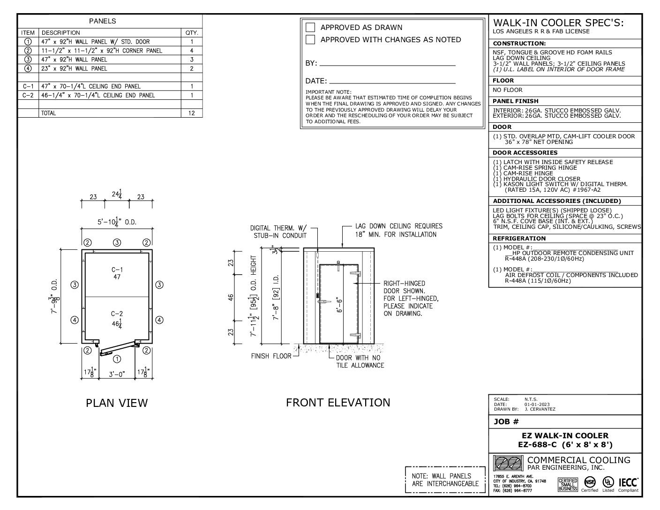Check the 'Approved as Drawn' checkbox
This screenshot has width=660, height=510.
(310, 27)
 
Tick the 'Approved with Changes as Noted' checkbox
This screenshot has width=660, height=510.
(310, 39)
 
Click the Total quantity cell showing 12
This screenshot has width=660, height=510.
(192, 113)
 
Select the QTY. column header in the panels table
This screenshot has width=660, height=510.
(192, 33)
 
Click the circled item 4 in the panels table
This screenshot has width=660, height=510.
(28, 68)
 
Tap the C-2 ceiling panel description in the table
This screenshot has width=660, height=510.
(98, 95)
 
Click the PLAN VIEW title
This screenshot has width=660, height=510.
(117, 403)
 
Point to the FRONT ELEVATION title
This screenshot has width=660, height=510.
(338, 402)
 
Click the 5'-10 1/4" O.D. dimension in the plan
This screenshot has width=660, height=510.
(117, 222)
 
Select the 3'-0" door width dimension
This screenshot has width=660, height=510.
(117, 374)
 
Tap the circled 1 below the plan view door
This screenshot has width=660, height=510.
(117, 359)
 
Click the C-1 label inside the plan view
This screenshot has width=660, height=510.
(117, 270)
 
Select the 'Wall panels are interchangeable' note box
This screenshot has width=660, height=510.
(445, 480)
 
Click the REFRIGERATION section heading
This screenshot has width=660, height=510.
(519, 238)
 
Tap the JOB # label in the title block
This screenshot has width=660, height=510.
(506, 421)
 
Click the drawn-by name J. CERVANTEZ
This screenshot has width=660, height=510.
(540, 409)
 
